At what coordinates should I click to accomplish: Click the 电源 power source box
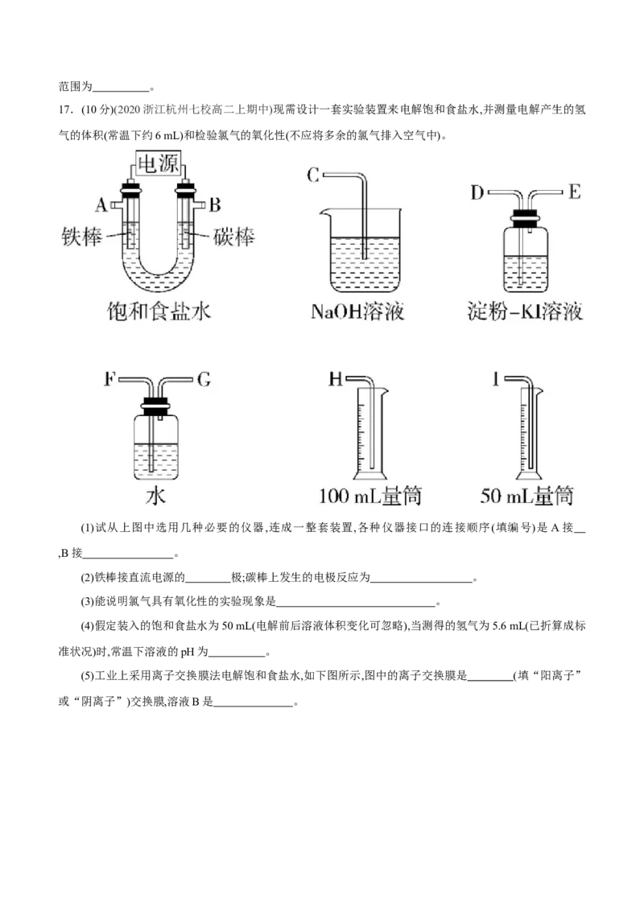(158, 163)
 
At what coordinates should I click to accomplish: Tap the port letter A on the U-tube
(101, 204)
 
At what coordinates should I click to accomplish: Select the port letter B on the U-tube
(214, 204)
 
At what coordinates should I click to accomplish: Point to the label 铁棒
(82, 237)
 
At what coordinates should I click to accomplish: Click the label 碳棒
(233, 237)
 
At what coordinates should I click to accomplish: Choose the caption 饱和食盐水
(159, 311)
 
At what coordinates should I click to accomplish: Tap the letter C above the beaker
(313, 175)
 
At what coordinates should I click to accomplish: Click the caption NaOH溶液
(357, 311)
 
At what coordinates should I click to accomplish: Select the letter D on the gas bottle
(477, 192)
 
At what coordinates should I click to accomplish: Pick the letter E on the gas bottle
(574, 192)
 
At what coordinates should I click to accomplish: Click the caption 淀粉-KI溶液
(525, 311)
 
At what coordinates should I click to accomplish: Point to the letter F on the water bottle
(109, 379)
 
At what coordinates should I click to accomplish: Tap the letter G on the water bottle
(204, 379)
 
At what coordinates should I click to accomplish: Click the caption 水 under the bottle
(156, 496)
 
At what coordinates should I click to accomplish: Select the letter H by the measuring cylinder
(336, 379)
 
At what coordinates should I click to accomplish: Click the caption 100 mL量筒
(370, 496)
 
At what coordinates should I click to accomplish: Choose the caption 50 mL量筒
(526, 496)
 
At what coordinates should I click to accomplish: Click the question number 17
(64, 110)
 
